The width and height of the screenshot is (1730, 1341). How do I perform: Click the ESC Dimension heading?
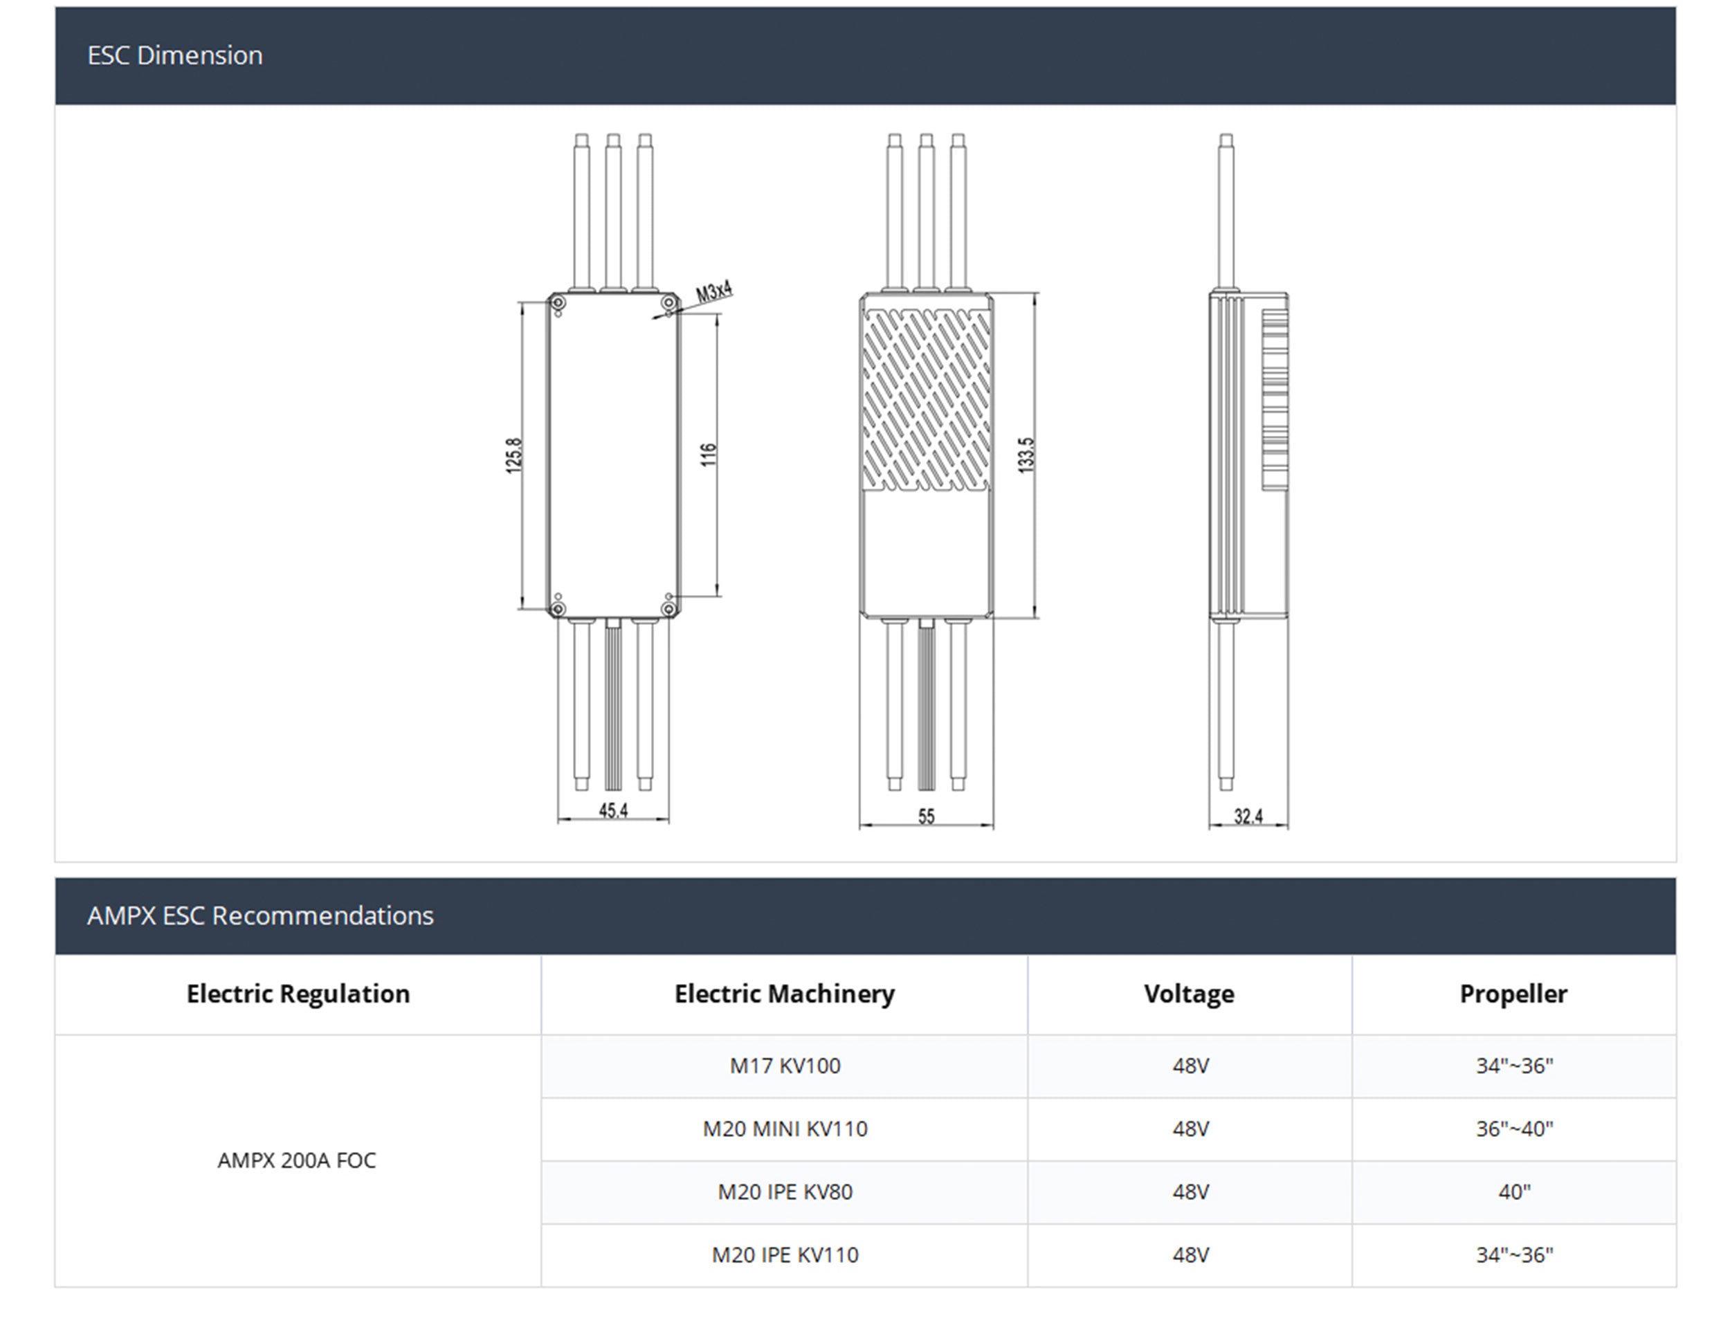[175, 55]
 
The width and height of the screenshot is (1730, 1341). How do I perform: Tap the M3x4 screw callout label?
[713, 292]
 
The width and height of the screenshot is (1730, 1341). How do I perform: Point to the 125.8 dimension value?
[514, 455]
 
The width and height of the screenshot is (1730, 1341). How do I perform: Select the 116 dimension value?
[708, 455]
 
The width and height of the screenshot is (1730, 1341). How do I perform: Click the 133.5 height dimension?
[1026, 455]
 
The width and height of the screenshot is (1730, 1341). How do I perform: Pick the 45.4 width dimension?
[613, 810]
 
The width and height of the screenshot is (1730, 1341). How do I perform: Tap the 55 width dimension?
[926, 816]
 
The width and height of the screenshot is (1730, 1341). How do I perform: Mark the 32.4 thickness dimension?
[1248, 816]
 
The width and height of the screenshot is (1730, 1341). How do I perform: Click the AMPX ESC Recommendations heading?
[259, 915]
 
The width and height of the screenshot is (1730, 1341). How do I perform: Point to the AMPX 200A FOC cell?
[297, 1160]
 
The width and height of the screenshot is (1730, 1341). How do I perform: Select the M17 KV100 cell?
[785, 1066]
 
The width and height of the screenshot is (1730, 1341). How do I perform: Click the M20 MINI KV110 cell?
[785, 1129]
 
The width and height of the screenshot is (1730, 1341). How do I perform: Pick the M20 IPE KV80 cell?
[785, 1192]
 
